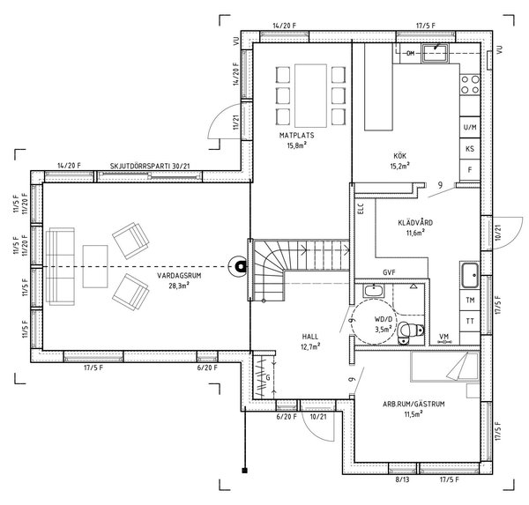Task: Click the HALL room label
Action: pos(310,337)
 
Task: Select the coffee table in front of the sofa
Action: pos(94,257)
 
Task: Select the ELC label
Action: pos(360,210)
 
